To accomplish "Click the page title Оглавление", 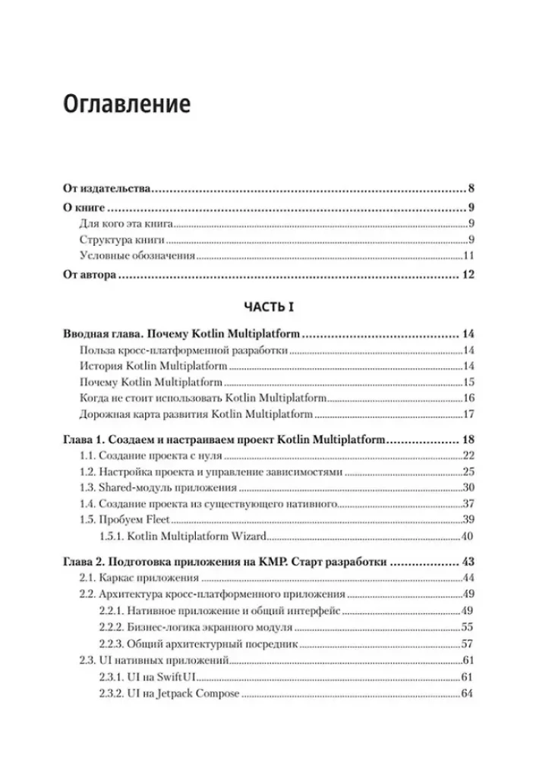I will tap(126, 103).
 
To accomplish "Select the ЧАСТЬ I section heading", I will tap(267, 306).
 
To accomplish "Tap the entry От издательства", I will tap(106, 189).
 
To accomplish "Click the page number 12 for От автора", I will tap(467, 275).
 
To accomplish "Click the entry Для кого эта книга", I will tap(127, 223).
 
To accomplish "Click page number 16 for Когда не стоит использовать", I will tap(468, 398).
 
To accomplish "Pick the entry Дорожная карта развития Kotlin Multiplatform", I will tap(196, 414).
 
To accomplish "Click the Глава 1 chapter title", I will tap(224, 440).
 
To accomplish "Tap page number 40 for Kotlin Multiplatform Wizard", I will tap(468, 537).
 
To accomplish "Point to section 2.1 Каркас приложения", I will tap(134, 578).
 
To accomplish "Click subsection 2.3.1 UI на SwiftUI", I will tap(147, 677).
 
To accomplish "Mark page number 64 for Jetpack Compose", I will tap(468, 694).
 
